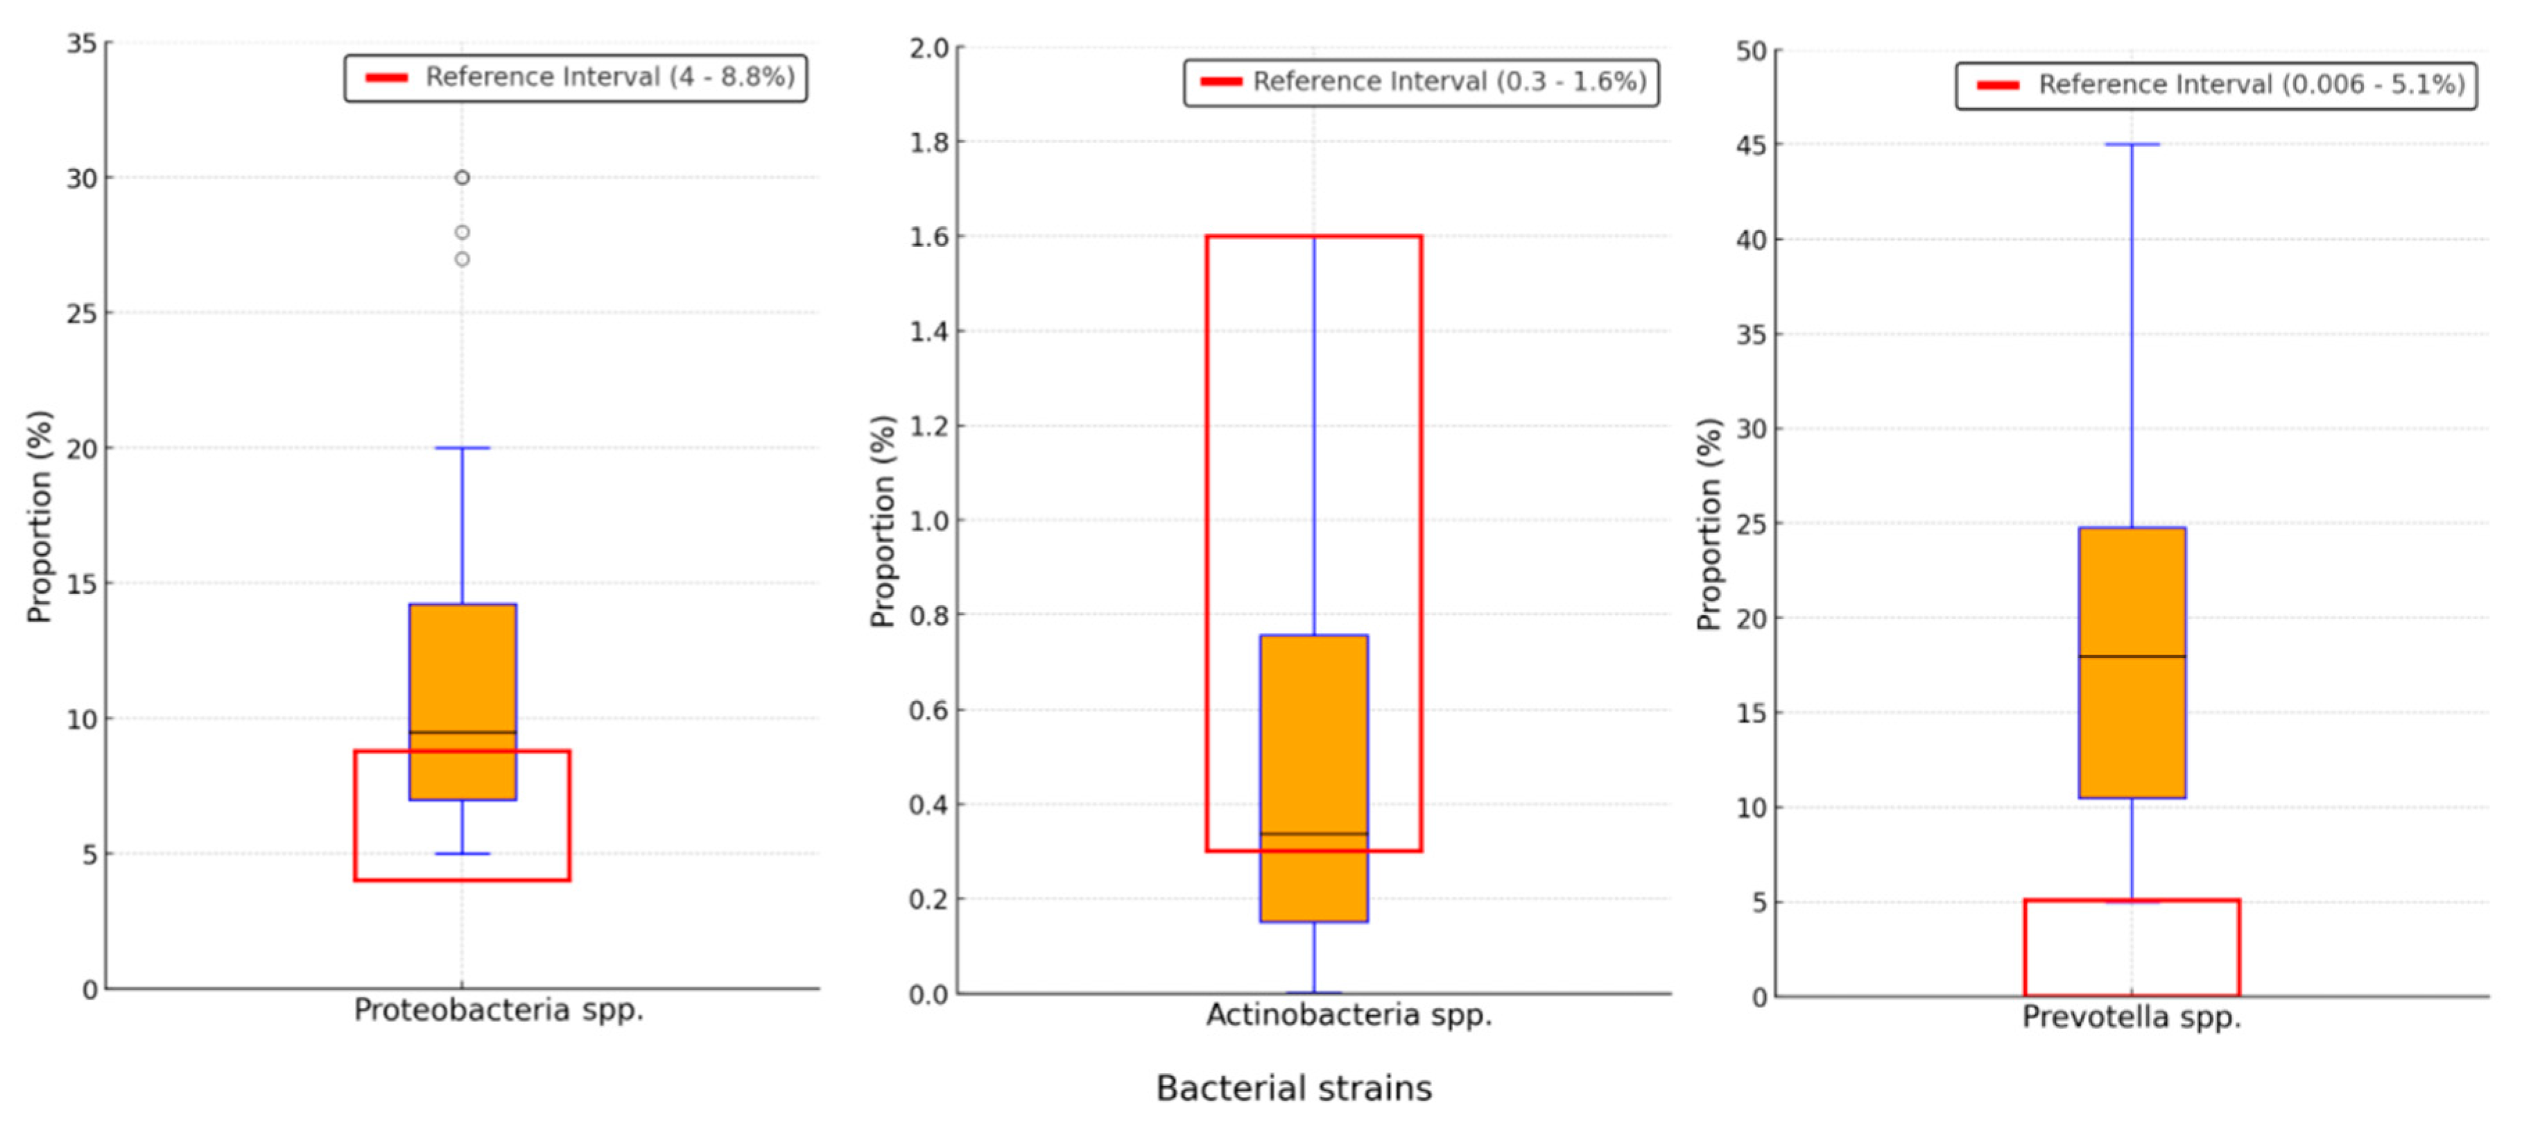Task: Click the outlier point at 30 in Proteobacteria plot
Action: (x=462, y=177)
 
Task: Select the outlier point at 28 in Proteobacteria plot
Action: (x=462, y=232)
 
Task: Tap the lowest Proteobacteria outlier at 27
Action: (x=462, y=259)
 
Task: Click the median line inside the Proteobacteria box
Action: (x=462, y=731)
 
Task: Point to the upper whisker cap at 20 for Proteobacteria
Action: (x=462, y=449)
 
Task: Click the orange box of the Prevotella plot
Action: (x=2132, y=587)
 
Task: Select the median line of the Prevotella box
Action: (x=2132, y=656)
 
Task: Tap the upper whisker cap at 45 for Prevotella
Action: (x=2132, y=145)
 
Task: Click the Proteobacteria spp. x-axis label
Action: (x=499, y=1010)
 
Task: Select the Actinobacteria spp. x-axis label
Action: (x=1348, y=1014)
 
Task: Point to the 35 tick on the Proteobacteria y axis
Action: (x=83, y=43)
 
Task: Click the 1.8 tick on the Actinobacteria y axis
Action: (x=929, y=143)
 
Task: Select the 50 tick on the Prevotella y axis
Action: (x=1752, y=51)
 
